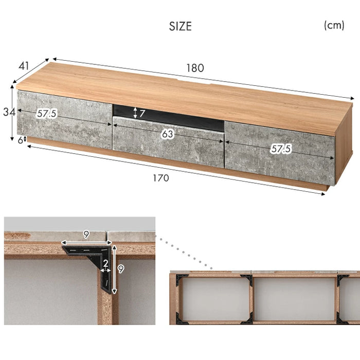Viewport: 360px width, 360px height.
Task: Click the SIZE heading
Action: (x=180, y=26)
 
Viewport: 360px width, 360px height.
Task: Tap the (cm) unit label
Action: (x=334, y=25)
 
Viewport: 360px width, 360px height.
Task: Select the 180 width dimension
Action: (x=195, y=68)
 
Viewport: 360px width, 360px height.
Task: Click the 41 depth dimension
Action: (x=24, y=66)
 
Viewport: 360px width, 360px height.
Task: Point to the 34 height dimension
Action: (x=9, y=112)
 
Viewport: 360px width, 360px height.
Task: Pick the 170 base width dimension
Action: (x=161, y=178)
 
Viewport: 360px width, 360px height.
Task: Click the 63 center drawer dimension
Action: (x=167, y=134)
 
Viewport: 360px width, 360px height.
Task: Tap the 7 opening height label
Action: (x=142, y=113)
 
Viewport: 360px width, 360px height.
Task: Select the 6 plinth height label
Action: (x=21, y=140)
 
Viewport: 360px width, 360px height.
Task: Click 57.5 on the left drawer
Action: (x=47, y=114)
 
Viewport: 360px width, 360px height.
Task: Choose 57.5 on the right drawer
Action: (x=281, y=149)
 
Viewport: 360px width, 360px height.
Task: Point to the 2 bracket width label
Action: (x=105, y=263)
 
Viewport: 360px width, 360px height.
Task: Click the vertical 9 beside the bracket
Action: (x=121, y=269)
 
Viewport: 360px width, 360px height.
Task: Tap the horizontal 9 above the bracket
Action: (x=86, y=235)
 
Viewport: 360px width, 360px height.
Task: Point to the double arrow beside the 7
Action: (x=135, y=113)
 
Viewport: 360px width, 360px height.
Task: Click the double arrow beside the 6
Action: (x=25, y=139)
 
